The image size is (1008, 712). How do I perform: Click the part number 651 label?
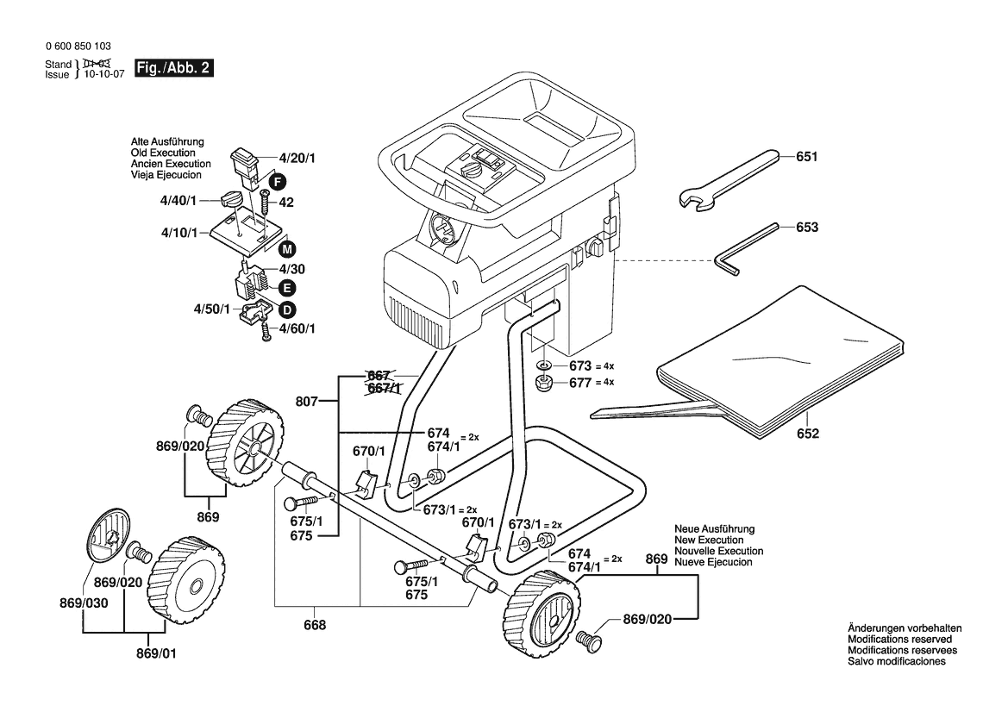pos(806,157)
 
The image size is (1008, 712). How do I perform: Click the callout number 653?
pos(806,228)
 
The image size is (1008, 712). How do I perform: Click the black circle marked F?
pos(276,181)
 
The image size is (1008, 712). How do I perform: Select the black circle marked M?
pos(287,250)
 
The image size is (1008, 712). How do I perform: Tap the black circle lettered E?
pos(286,287)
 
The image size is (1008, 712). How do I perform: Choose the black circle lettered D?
pos(286,309)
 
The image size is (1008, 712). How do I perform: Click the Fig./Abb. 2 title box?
pos(173,68)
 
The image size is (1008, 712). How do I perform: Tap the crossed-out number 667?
pos(379,376)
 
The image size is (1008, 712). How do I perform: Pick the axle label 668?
pos(316,625)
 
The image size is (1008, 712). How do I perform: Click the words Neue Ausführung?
pos(714,528)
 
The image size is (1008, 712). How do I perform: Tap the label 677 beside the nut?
pos(580,382)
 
